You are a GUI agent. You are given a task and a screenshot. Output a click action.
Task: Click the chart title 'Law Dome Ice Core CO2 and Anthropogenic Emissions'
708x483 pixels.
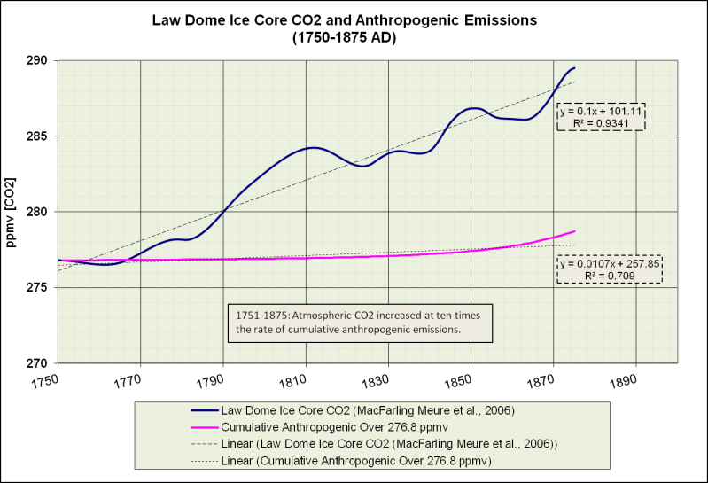click(354, 19)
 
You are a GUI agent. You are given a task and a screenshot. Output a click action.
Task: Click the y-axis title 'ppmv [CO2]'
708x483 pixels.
click(12, 212)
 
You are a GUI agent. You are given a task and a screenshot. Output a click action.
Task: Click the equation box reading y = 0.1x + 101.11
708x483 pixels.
click(601, 118)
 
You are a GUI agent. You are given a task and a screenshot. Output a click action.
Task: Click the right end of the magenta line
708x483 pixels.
click(575, 231)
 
